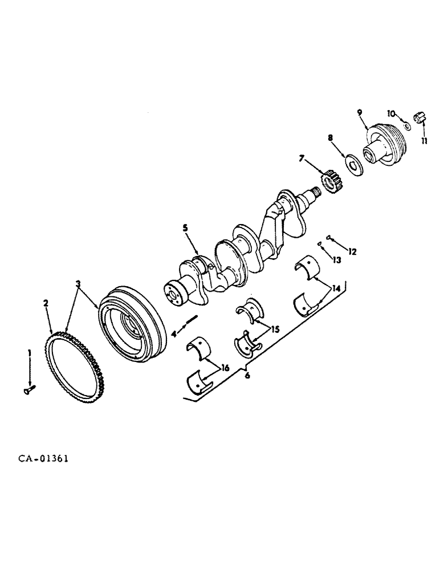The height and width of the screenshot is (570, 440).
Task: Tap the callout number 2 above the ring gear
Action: (46, 304)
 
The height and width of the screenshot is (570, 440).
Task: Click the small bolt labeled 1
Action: (29, 389)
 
